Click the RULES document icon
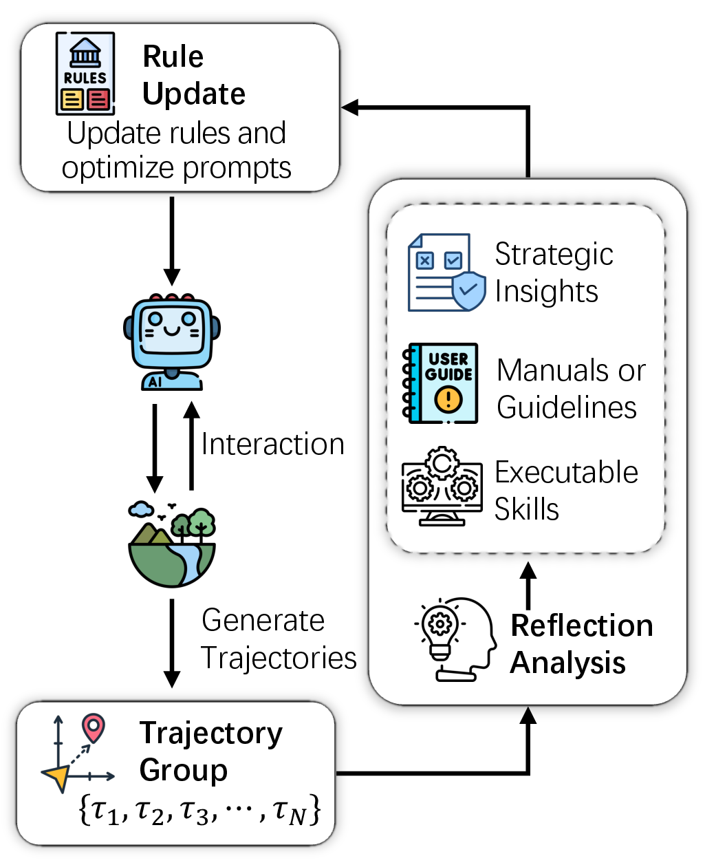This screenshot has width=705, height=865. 85,73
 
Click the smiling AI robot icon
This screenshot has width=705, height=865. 172,342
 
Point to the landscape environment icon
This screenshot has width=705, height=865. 172,544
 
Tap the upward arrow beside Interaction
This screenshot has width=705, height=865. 191,445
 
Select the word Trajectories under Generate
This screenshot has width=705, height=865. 279,657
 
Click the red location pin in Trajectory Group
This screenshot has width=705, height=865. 94,728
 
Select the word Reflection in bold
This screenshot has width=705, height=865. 582,626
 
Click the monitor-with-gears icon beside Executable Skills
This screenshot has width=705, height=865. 442,486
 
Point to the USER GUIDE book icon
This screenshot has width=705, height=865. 440,383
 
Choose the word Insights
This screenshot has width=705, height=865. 546,292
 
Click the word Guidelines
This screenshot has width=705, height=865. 567,407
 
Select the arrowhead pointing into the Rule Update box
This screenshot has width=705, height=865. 349,107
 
